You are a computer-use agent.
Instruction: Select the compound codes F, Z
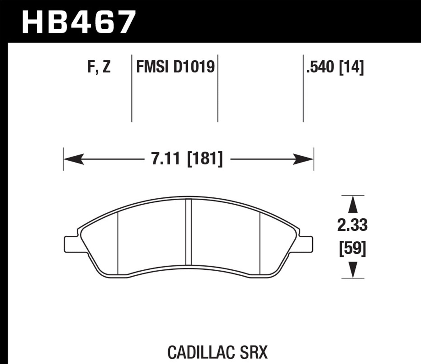[x=99, y=67]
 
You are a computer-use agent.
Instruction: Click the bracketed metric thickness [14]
[x=351, y=67]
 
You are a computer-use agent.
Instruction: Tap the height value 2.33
[x=353, y=225]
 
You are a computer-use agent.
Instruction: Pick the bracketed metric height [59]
[x=353, y=249]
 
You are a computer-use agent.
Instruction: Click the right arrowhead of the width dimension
[x=304, y=159]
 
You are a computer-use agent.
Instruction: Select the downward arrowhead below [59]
[x=353, y=270]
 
